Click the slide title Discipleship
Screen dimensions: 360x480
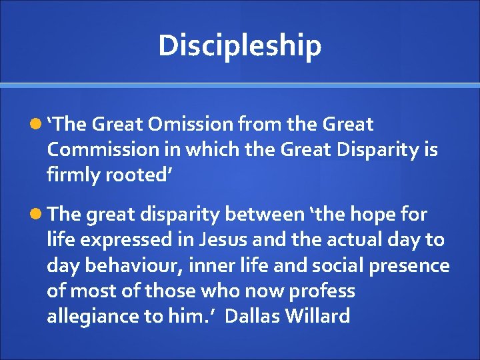pyautogui.click(x=240, y=45)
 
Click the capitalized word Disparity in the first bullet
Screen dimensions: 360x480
pyautogui.click(x=375, y=149)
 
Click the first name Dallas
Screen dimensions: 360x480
pyautogui.click(x=253, y=316)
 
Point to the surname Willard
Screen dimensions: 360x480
pyautogui.click(x=318, y=316)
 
